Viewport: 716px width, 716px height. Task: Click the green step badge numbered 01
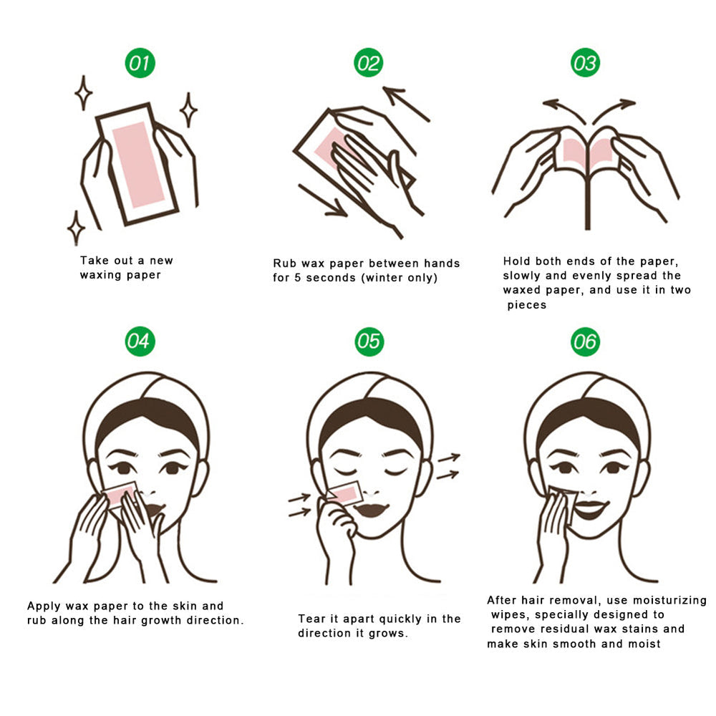[140, 64]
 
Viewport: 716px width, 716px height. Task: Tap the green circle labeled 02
[368, 64]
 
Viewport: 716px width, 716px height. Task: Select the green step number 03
[584, 64]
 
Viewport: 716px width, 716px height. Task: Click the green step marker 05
[369, 342]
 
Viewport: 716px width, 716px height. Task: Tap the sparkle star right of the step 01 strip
[188, 110]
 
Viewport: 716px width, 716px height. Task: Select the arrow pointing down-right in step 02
[322, 200]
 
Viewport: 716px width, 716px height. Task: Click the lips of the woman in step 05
[372, 511]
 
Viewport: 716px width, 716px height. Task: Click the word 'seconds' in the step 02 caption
[333, 278]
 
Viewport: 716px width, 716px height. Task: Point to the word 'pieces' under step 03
[527, 305]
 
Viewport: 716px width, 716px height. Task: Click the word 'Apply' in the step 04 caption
[44, 606]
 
